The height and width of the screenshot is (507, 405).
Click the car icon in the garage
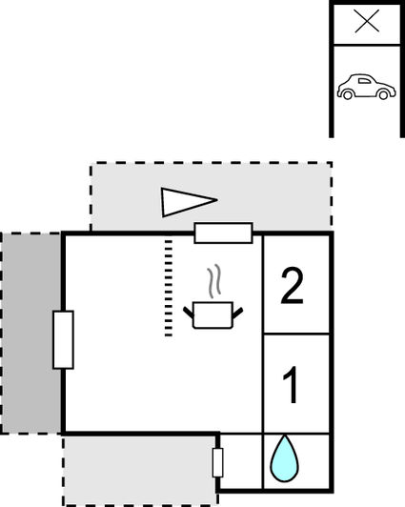click(367, 87)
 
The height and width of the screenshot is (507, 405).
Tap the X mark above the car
click(367, 21)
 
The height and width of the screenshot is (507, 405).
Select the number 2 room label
click(293, 286)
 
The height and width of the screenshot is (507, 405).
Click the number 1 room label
click(291, 385)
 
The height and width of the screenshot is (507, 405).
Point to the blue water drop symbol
click(284, 458)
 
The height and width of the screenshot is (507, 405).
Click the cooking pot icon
click(213, 315)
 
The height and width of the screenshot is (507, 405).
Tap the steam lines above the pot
click(214, 280)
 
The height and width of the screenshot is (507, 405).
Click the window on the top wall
click(223, 233)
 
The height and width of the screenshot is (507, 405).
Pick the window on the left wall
click(63, 340)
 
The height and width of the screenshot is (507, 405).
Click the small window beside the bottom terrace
click(217, 463)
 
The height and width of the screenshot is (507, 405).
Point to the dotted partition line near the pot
click(169, 288)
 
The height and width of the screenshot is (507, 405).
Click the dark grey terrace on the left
click(31, 333)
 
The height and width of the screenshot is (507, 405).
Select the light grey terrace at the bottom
click(139, 470)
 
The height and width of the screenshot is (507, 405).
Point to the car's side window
click(365, 81)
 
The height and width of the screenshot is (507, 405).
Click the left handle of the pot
click(189, 312)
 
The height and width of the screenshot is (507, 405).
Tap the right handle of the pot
click(237, 313)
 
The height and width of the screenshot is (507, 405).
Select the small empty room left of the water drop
click(241, 461)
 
